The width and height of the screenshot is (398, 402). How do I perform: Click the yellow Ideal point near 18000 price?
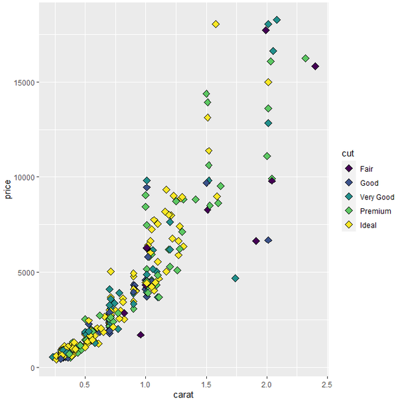(216, 25)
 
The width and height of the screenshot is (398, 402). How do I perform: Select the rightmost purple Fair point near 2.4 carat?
(316, 66)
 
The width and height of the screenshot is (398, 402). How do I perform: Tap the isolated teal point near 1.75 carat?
(235, 278)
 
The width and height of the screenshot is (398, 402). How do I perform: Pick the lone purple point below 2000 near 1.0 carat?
(141, 335)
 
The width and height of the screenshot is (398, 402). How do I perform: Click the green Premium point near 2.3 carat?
(305, 58)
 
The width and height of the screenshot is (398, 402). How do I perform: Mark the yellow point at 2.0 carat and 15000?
(268, 82)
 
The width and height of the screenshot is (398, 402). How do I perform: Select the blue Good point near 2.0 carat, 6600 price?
(268, 240)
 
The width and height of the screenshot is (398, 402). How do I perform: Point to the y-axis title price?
(8, 192)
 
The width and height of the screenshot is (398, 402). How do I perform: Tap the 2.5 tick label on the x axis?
(327, 383)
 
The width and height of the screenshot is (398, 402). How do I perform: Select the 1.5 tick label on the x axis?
(206, 383)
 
